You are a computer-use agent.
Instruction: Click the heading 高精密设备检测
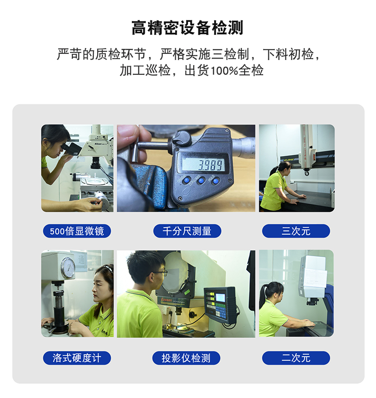point(188,28)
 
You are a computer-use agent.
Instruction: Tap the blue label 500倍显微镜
point(77,231)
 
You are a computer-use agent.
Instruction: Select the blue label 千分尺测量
point(187,231)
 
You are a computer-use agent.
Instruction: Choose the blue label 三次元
point(296,231)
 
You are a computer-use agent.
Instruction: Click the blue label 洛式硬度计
point(77,358)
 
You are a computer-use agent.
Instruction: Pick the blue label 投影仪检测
point(186,358)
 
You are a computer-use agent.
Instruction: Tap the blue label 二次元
point(296,358)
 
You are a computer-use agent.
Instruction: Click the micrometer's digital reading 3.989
point(211,165)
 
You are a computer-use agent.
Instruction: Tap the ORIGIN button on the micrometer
point(187,180)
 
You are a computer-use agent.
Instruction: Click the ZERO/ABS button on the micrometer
point(201,181)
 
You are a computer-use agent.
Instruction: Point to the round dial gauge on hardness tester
point(68,268)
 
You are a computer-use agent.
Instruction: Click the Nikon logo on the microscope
point(98,144)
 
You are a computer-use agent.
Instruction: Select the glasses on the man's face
point(159,273)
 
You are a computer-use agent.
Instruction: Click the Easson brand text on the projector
point(167,300)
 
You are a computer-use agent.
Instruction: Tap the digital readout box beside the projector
point(220,305)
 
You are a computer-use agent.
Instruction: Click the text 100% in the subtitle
point(224,70)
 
